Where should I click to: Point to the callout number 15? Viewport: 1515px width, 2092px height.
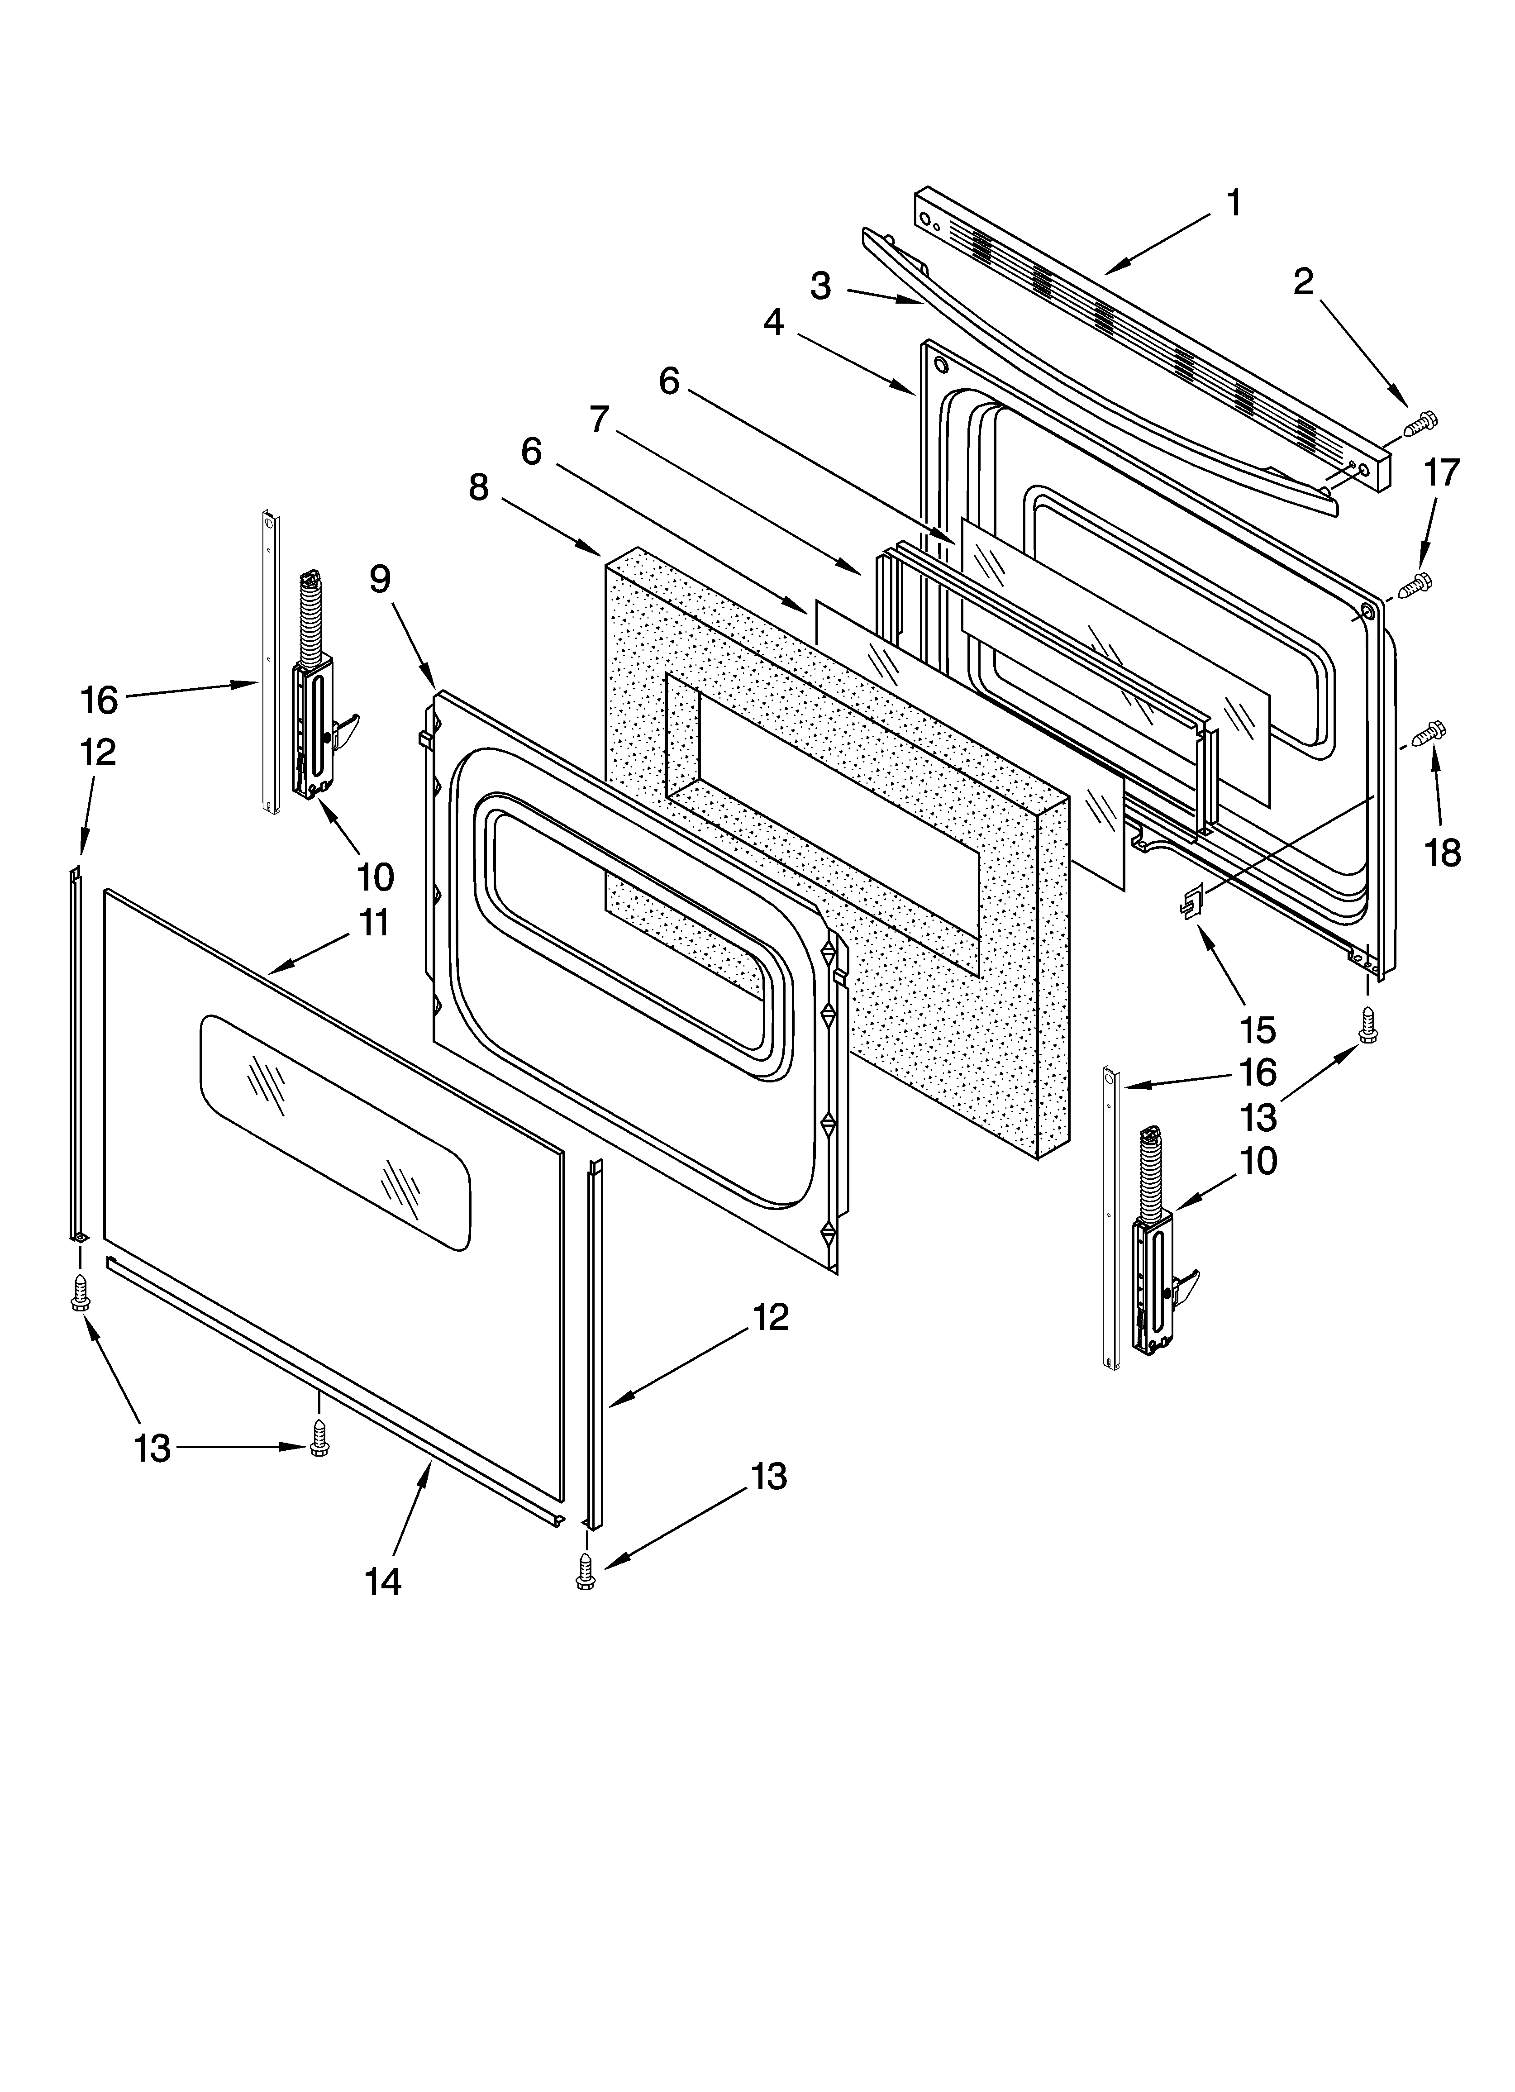tap(1258, 1029)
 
